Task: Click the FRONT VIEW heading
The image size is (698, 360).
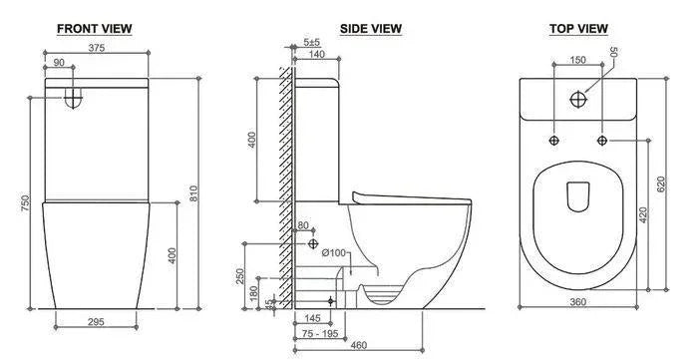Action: [x=95, y=29]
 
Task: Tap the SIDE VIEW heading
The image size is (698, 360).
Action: [x=371, y=29]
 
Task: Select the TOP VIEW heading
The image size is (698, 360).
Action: [x=578, y=29]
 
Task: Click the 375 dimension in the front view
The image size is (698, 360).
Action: [x=96, y=48]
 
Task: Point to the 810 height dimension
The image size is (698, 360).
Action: [x=193, y=193]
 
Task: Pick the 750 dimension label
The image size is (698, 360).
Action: [x=25, y=202]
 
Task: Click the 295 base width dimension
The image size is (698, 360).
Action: [x=96, y=322]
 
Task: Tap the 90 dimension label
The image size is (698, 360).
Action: [x=59, y=63]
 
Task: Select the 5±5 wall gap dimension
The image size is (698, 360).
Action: [x=311, y=42]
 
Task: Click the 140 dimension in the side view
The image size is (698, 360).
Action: [x=316, y=54]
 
